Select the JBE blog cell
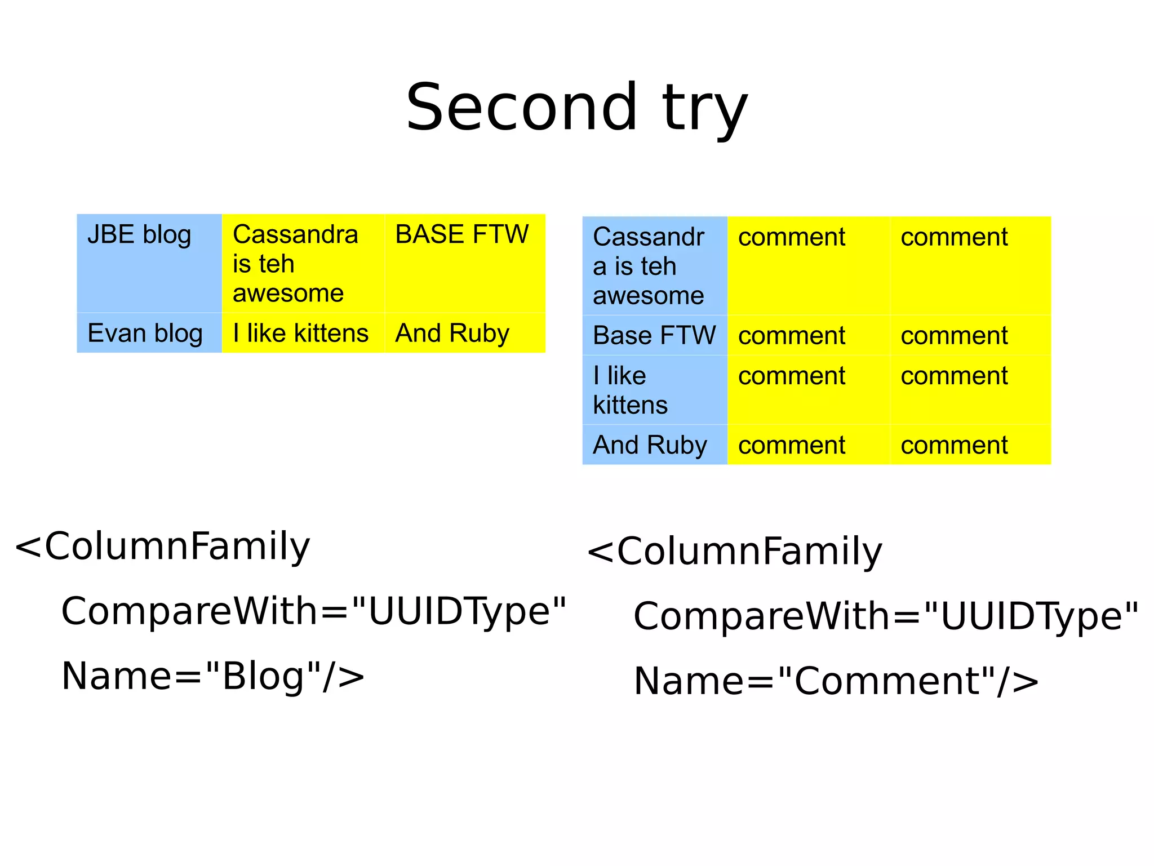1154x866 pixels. click(149, 263)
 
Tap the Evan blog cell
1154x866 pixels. click(149, 332)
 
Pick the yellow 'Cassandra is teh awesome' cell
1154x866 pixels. click(303, 263)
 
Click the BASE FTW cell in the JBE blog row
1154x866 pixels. click(464, 263)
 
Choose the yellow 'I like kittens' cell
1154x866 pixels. click(303, 332)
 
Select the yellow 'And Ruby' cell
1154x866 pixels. click(464, 332)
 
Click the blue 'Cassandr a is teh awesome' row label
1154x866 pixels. click(654, 265)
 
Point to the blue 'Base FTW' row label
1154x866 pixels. click(654, 335)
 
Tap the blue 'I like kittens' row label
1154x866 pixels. click(654, 390)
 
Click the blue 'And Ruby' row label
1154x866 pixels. click(654, 445)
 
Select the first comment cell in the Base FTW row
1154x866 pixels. click(808, 335)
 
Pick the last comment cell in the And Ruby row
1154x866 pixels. click(970, 445)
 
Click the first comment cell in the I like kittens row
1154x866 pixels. click(808, 390)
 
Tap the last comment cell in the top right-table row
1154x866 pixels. click(970, 265)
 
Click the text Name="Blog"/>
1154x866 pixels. click(212, 676)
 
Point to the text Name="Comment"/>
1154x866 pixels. click(836, 681)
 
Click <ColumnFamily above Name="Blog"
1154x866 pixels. click(162, 547)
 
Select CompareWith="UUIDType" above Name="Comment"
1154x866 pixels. click(885, 616)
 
